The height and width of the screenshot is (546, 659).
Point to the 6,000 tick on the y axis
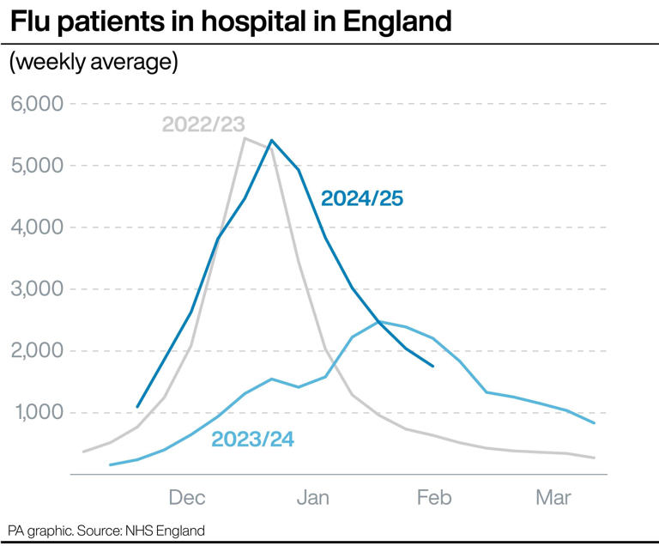37,104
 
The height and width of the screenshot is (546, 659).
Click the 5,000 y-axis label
37,166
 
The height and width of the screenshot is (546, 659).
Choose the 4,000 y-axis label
37,227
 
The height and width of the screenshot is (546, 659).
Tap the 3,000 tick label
37,289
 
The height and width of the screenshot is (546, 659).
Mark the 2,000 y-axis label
37,351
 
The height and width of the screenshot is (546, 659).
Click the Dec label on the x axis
187,497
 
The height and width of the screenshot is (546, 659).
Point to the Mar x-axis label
553,497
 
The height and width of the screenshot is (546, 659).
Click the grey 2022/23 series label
203,124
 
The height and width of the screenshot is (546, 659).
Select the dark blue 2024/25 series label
361,199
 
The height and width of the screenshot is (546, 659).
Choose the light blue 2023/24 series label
253,440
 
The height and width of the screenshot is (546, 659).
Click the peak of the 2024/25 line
271,140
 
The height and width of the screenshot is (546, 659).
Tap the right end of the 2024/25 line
433,366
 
